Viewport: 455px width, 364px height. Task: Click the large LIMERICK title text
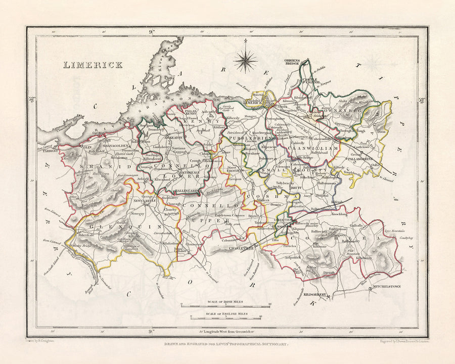tap(93, 65)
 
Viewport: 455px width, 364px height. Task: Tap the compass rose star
tap(245, 60)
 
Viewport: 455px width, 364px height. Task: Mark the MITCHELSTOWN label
tap(386, 287)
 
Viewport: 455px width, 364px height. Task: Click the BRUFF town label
tap(297, 187)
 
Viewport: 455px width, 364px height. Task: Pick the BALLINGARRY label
tap(175, 191)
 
